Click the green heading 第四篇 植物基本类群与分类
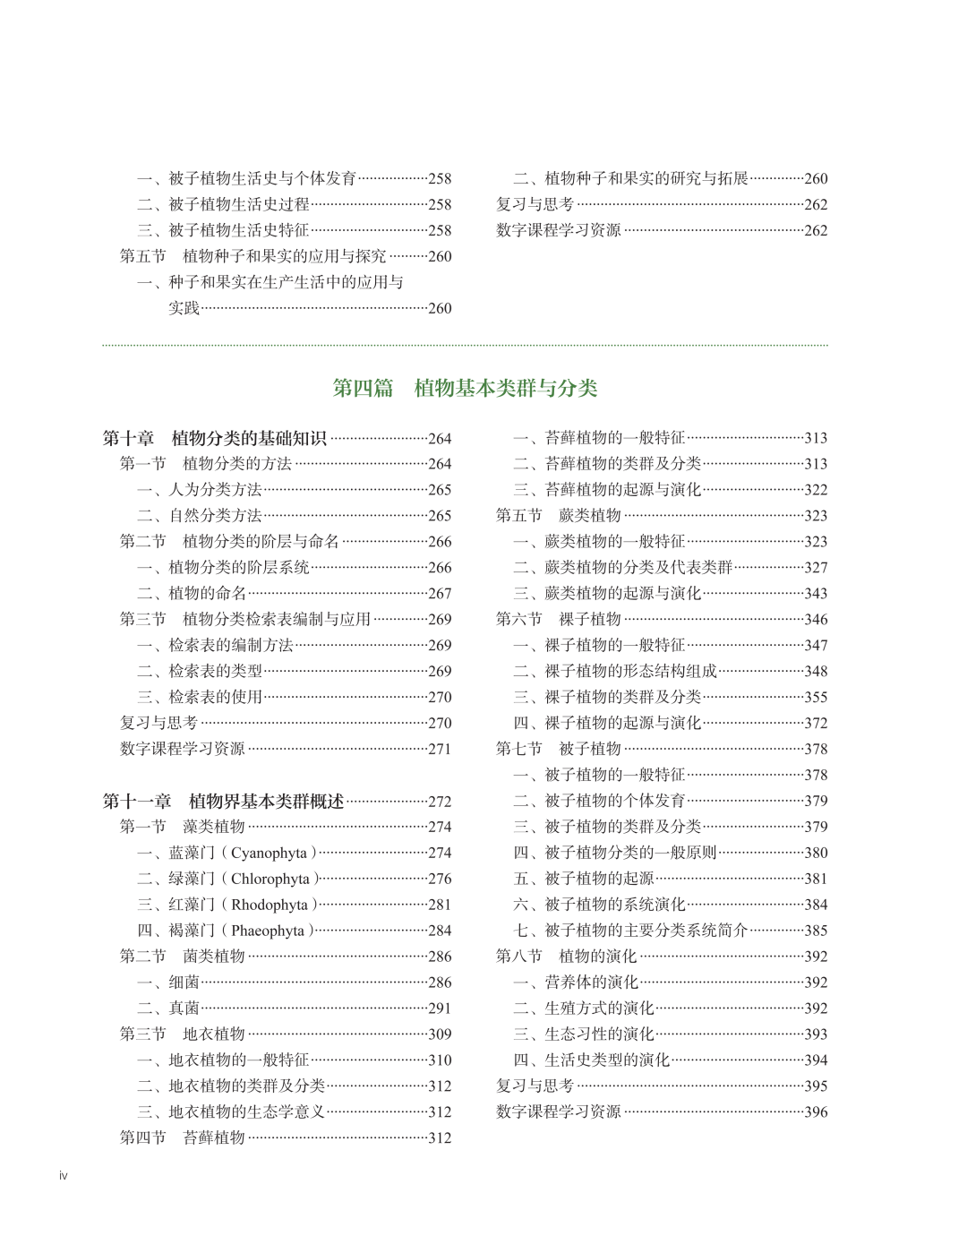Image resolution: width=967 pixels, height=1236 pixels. (465, 388)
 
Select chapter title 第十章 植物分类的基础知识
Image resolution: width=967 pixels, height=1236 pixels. (214, 438)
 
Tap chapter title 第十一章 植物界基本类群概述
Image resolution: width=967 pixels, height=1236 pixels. (223, 801)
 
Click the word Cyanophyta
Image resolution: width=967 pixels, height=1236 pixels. (269, 853)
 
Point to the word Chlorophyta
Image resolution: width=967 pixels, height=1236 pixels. (270, 879)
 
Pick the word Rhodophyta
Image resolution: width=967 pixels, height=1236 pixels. (269, 905)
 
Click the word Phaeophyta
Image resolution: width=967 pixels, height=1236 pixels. (268, 931)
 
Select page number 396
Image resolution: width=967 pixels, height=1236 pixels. (816, 1112)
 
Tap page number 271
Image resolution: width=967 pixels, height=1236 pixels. (440, 749)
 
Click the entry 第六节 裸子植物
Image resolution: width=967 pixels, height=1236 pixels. (558, 619)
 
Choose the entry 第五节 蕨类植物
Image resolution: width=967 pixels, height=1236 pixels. (558, 515)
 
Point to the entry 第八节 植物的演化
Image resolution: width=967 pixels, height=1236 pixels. (566, 956)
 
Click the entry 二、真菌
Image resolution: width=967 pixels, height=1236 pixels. (168, 1008)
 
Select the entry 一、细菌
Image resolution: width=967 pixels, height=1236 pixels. (168, 982)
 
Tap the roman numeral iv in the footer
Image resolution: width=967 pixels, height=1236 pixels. (63, 1175)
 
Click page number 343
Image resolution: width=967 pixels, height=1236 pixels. (816, 593)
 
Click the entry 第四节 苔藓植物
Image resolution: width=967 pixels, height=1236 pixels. (182, 1137)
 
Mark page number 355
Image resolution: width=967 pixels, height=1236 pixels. (816, 697)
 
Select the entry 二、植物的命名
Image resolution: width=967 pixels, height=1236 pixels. (192, 593)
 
